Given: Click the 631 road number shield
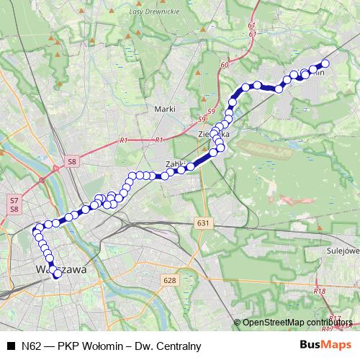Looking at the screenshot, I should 203,224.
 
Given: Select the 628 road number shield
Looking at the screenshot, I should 169,280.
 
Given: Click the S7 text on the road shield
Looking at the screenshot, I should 14,199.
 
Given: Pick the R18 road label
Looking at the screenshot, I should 320,291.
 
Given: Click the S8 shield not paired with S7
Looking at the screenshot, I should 71,163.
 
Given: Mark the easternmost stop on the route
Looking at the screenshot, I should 325,64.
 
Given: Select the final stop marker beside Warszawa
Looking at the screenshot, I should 57,274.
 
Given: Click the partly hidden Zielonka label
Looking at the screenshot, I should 215,134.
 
